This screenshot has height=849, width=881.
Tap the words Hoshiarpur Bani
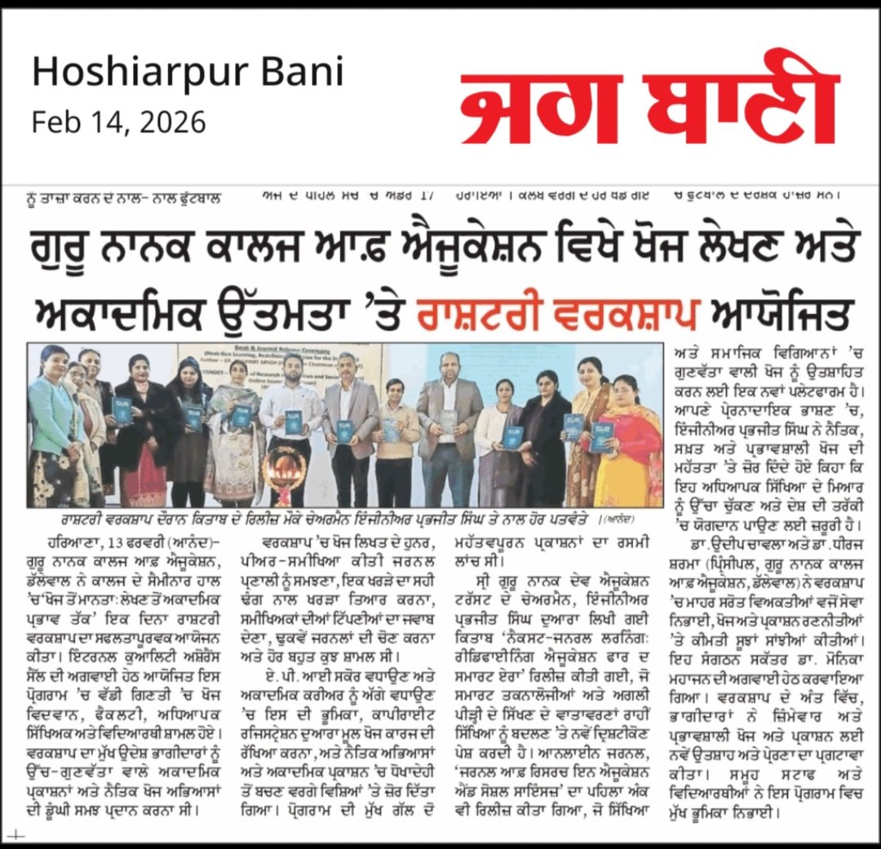click(188, 74)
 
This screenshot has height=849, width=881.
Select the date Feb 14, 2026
click(119, 122)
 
